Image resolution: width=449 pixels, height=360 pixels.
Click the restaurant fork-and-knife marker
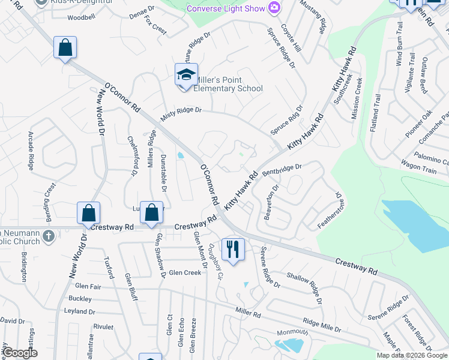(232, 248)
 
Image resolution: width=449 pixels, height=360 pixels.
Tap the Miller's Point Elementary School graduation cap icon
(186, 75)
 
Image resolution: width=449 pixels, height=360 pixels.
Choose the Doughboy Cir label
(215, 262)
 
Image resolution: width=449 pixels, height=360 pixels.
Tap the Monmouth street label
(292, 333)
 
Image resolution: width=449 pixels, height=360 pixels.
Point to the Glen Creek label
(185, 272)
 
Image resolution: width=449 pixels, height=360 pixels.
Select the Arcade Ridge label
(30, 149)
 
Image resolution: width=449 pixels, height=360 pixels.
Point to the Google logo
(20, 353)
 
